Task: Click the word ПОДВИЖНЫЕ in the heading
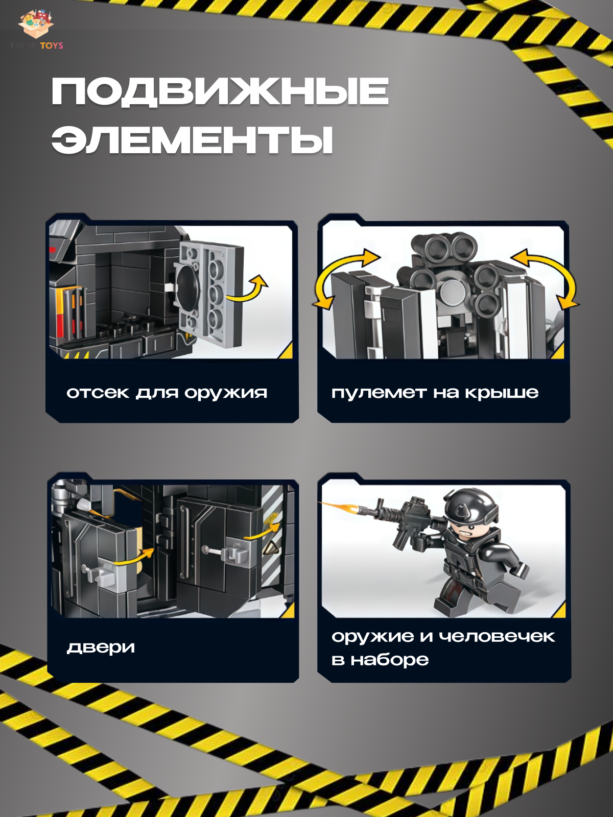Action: [220, 92]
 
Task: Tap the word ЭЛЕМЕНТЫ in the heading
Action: [192, 139]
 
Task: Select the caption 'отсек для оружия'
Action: [167, 393]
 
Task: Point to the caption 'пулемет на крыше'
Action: [435, 393]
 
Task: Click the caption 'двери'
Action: [101, 647]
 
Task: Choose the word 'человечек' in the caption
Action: [497, 636]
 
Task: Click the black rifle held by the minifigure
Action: [409, 521]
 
